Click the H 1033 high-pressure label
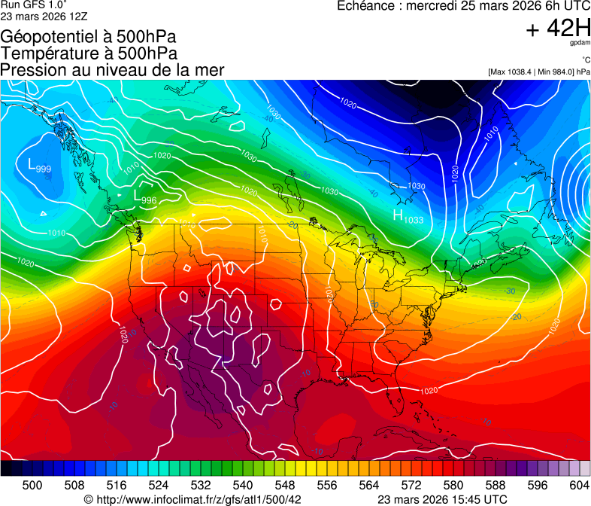(408, 217)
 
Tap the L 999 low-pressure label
(39, 166)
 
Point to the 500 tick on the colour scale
(32, 485)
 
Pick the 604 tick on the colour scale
(579, 485)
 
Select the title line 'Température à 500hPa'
(89, 53)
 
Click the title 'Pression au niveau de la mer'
(112, 70)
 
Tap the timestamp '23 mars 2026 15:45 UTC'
(441, 499)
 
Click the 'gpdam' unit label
(580, 43)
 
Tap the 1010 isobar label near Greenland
(491, 134)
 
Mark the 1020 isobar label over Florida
(429, 391)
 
